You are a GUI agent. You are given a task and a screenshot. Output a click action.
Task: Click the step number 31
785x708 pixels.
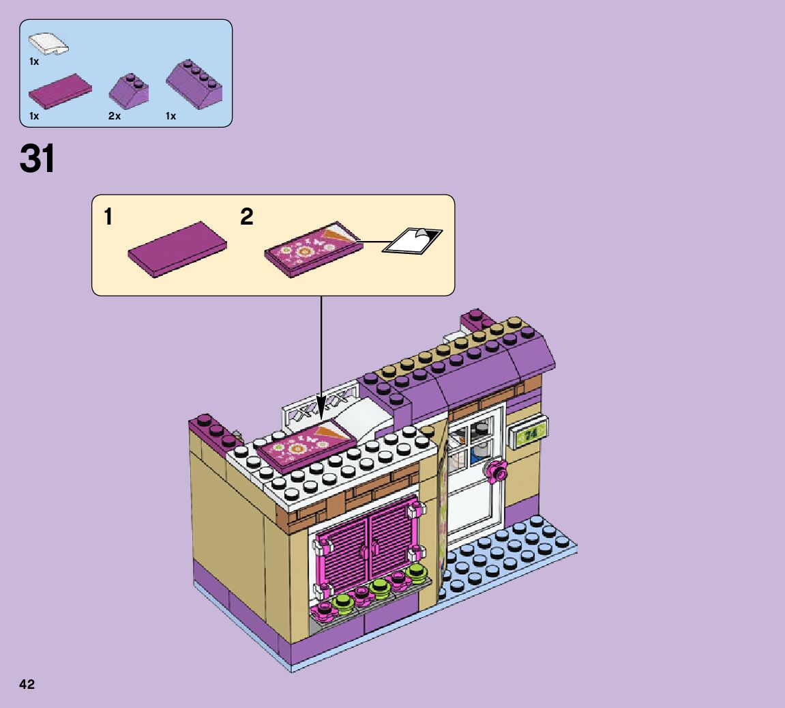pyautogui.click(x=38, y=158)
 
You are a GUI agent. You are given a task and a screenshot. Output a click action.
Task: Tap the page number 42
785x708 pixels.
pyautogui.click(x=27, y=684)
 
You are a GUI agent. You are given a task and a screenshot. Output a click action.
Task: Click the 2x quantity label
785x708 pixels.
pyautogui.click(x=114, y=116)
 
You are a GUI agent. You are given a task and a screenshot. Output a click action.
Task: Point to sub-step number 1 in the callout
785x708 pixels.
pyautogui.click(x=108, y=217)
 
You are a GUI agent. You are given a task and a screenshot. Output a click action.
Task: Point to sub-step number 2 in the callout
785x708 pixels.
pyautogui.click(x=246, y=217)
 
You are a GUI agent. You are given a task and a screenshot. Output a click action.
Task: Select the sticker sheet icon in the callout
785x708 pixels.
pyautogui.click(x=413, y=240)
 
